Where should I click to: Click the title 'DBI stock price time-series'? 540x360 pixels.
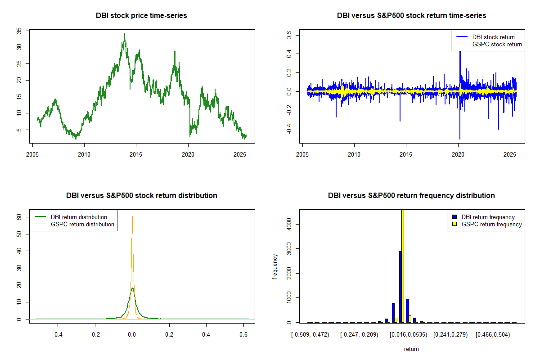click(141, 16)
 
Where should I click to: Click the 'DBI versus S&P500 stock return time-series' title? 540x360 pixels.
click(411, 16)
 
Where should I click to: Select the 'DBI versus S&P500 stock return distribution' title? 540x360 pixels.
click(141, 196)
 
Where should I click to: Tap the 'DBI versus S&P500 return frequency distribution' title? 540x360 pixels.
click(411, 196)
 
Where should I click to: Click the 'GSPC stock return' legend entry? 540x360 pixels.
click(497, 45)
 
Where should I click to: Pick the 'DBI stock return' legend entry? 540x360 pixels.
click(493, 37)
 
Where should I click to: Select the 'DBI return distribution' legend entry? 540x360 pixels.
click(79, 217)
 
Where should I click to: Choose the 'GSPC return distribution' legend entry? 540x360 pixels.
click(82, 224)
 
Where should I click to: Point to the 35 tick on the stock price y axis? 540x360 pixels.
click(19, 31)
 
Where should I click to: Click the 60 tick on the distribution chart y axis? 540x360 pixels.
click(19, 216)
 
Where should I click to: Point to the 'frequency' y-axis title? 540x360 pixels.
click(275, 266)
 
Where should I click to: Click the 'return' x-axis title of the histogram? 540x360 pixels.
click(411, 349)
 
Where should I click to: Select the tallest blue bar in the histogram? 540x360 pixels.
click(400, 287)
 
